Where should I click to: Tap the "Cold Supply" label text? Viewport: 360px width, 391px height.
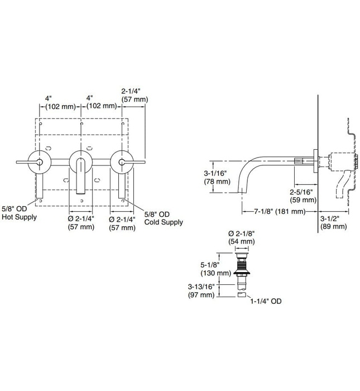coord(164,222)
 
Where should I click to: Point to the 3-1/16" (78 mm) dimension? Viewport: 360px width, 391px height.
coord(216,177)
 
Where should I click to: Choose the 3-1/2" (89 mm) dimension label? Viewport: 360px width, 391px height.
coord(334,222)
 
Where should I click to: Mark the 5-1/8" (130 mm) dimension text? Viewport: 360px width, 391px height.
coord(216,269)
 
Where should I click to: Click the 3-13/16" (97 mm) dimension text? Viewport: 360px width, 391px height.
coord(216,290)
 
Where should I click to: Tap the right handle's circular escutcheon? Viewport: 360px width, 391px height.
coord(122,161)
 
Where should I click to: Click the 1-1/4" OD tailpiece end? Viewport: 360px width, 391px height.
coord(242,295)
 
